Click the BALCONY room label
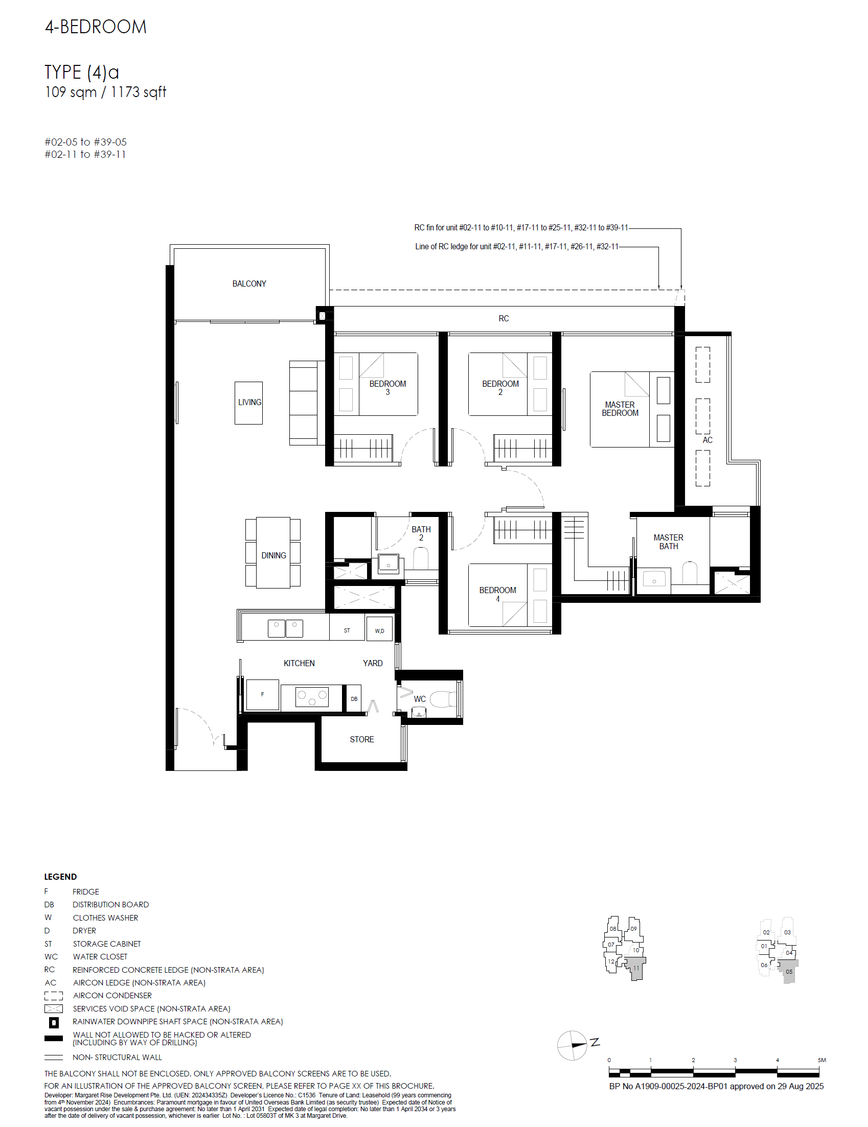[x=249, y=284]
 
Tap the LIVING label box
[x=249, y=403]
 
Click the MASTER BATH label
[x=668, y=542]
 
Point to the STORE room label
[x=361, y=739]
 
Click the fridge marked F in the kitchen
[x=262, y=695]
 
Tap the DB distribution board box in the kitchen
[x=354, y=699]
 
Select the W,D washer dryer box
[x=379, y=630]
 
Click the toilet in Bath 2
[x=421, y=558]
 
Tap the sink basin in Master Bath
[x=654, y=580]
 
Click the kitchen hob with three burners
[x=312, y=697]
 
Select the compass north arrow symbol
[x=573, y=1045]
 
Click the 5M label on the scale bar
[x=821, y=1060]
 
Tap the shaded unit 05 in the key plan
[x=788, y=971]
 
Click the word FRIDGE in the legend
[x=86, y=891]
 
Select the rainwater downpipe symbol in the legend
[x=54, y=1022]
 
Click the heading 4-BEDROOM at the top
[x=96, y=27]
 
